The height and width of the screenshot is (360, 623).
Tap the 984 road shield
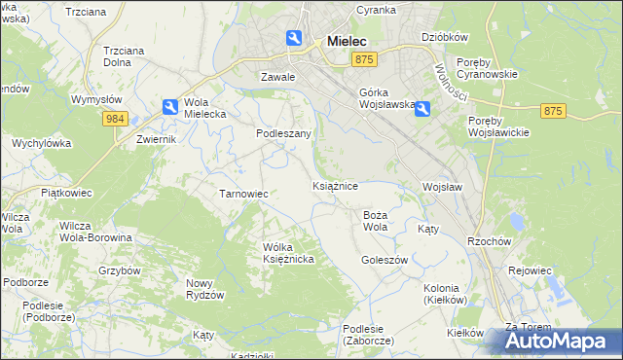[116, 118]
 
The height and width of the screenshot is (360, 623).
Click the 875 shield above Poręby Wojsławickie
[554, 111]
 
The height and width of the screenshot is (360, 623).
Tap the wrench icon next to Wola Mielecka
[169, 107]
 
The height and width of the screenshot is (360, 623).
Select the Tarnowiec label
[243, 194]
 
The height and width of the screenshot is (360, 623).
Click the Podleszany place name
[283, 133]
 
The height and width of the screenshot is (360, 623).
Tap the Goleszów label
[384, 260]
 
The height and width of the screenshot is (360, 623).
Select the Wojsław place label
[442, 186]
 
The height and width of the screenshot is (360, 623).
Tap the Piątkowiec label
[65, 193]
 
